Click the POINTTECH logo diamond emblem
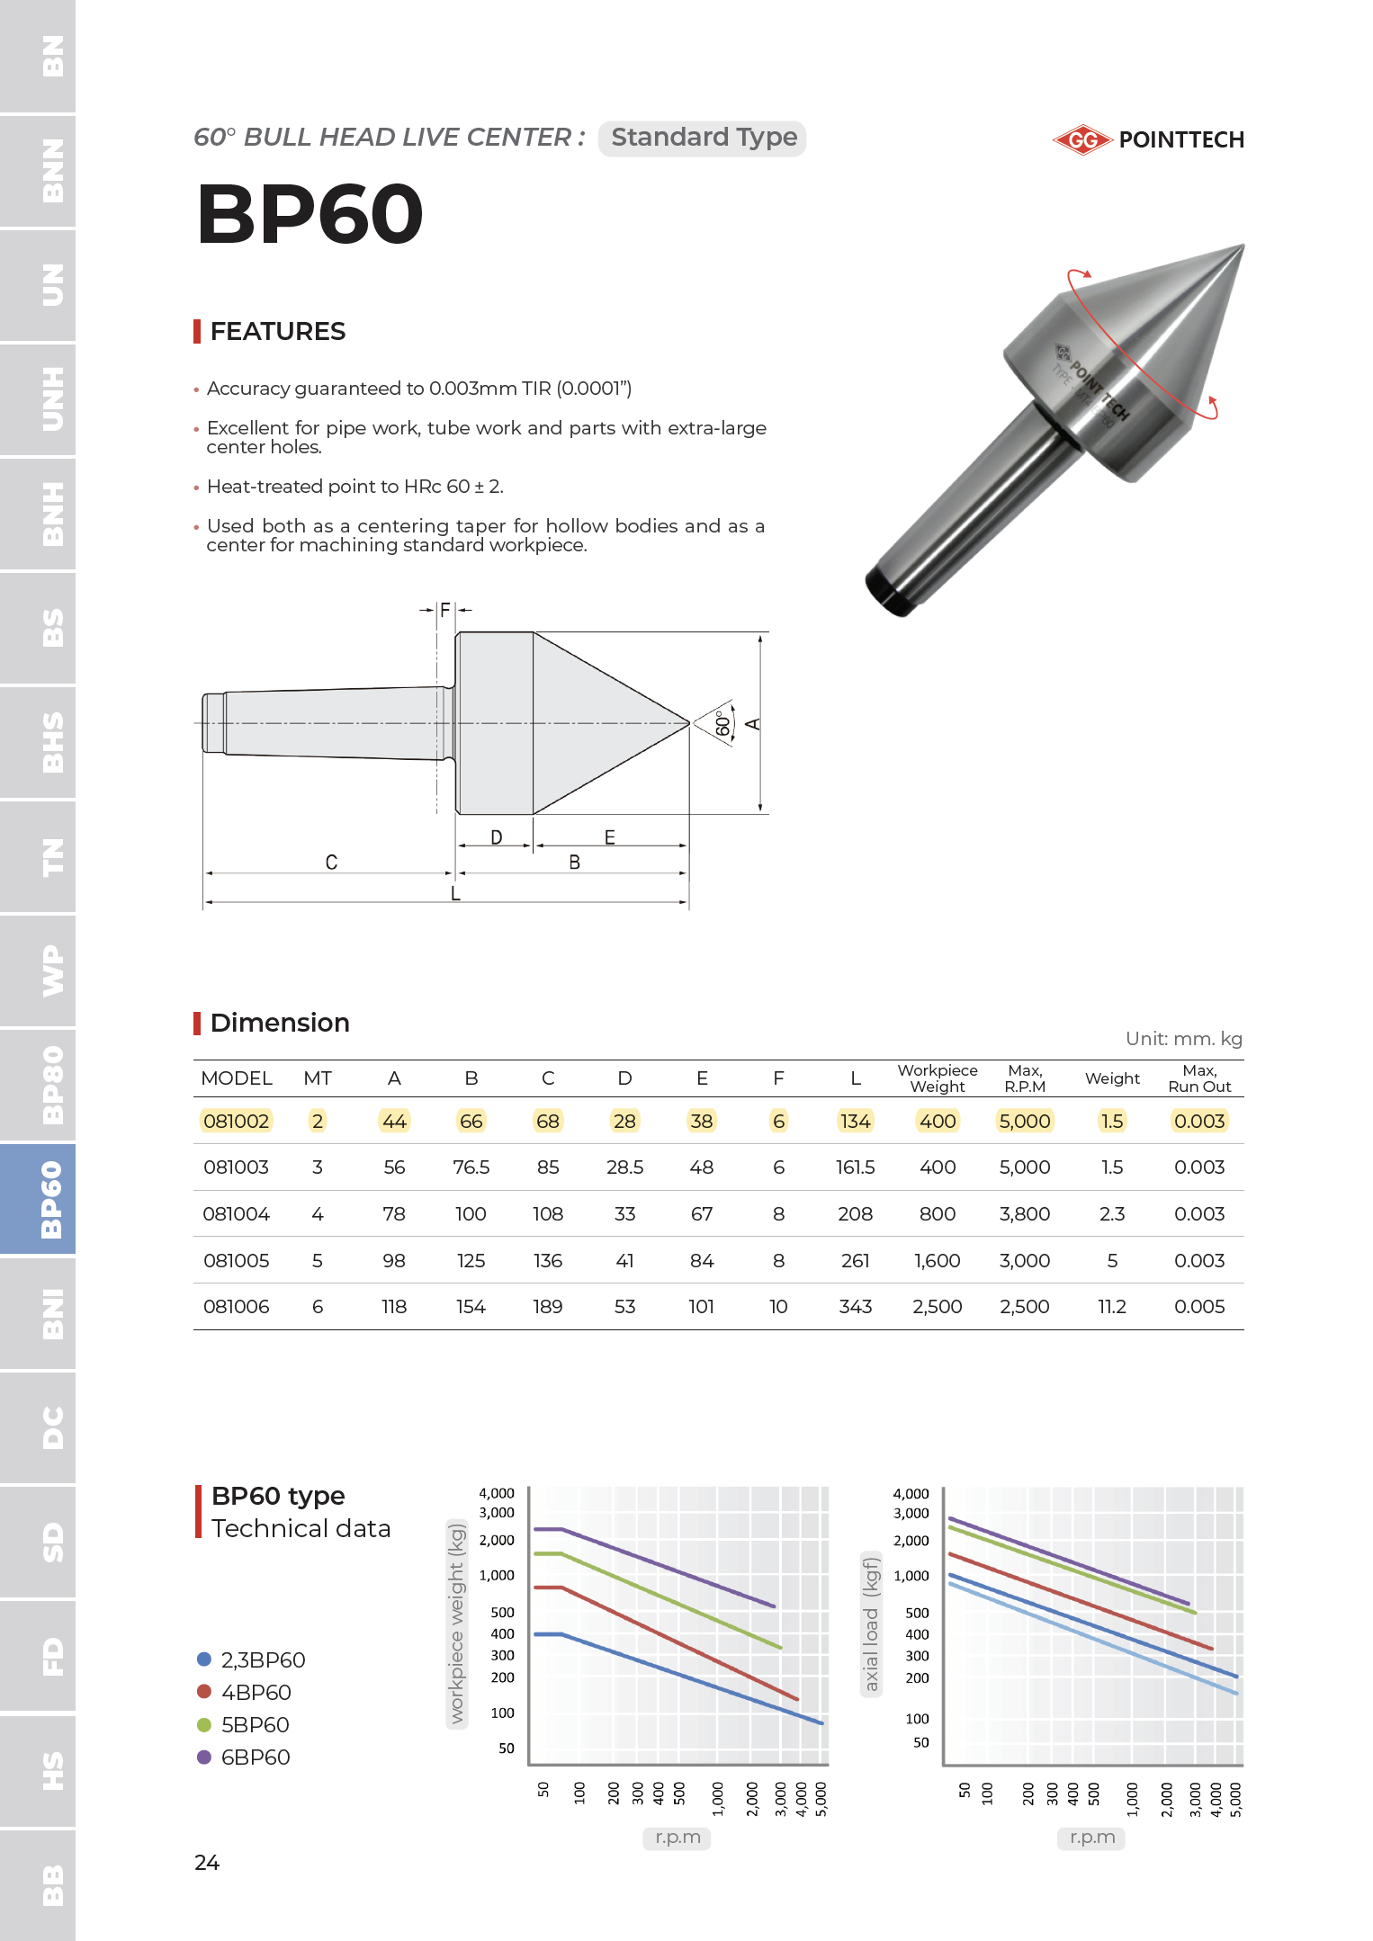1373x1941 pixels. click(x=1082, y=139)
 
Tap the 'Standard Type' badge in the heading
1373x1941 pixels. click(x=703, y=138)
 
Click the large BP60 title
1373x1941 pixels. click(x=310, y=214)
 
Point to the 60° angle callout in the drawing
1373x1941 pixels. click(x=722, y=723)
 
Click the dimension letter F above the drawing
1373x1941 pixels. click(x=444, y=611)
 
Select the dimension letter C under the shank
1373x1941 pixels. click(x=331, y=862)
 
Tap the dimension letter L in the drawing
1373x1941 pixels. click(x=455, y=893)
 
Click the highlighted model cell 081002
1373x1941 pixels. click(x=236, y=1121)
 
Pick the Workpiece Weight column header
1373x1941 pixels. click(x=937, y=1078)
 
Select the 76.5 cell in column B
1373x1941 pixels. click(x=471, y=1167)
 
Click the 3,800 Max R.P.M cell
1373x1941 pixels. click(x=1024, y=1213)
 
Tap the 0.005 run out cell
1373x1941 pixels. click(x=1198, y=1306)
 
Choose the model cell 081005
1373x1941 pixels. click(x=236, y=1260)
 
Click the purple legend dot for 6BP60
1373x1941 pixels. click(x=204, y=1757)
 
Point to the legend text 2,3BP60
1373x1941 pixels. click(x=263, y=1659)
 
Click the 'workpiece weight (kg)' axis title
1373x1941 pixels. click(x=457, y=1622)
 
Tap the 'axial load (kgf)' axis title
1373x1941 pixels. click(x=871, y=1623)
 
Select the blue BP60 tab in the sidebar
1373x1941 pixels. click(x=38, y=1199)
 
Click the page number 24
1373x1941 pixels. click(x=207, y=1862)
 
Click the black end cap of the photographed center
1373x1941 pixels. click(x=887, y=593)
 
